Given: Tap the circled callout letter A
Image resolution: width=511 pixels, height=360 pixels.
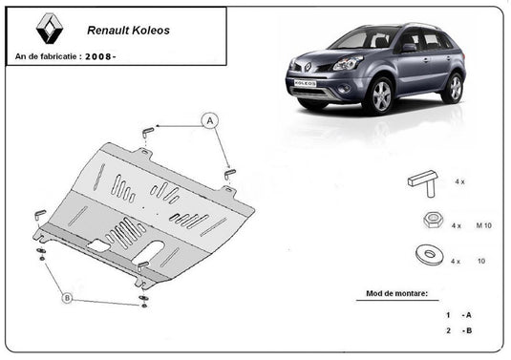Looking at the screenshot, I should point(208,120).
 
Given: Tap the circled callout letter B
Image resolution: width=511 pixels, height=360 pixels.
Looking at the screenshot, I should point(66,298).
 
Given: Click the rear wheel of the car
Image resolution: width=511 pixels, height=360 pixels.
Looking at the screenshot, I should point(452,87).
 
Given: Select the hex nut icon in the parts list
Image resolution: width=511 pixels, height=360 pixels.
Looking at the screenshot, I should point(430,222).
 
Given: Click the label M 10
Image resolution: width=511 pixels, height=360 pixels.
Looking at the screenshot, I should point(485,225).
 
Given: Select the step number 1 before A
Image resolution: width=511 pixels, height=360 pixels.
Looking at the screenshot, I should point(447,314).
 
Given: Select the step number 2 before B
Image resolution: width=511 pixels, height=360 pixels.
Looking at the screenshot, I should point(447,330).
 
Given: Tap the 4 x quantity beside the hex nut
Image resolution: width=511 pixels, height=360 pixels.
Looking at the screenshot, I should point(457,225).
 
